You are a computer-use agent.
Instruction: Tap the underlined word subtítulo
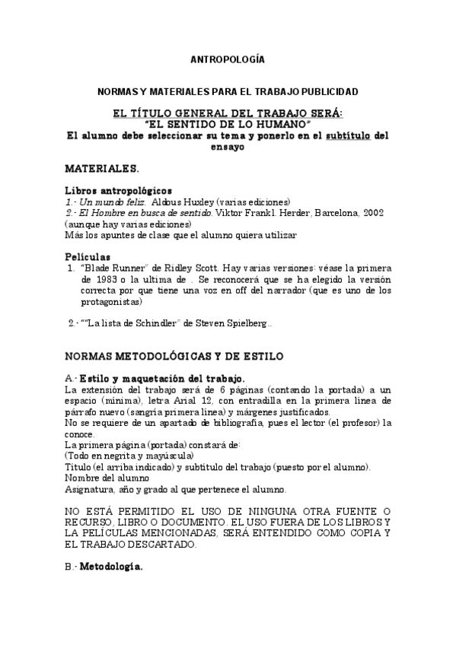(349, 136)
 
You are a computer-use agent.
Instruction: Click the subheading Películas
(88, 257)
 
